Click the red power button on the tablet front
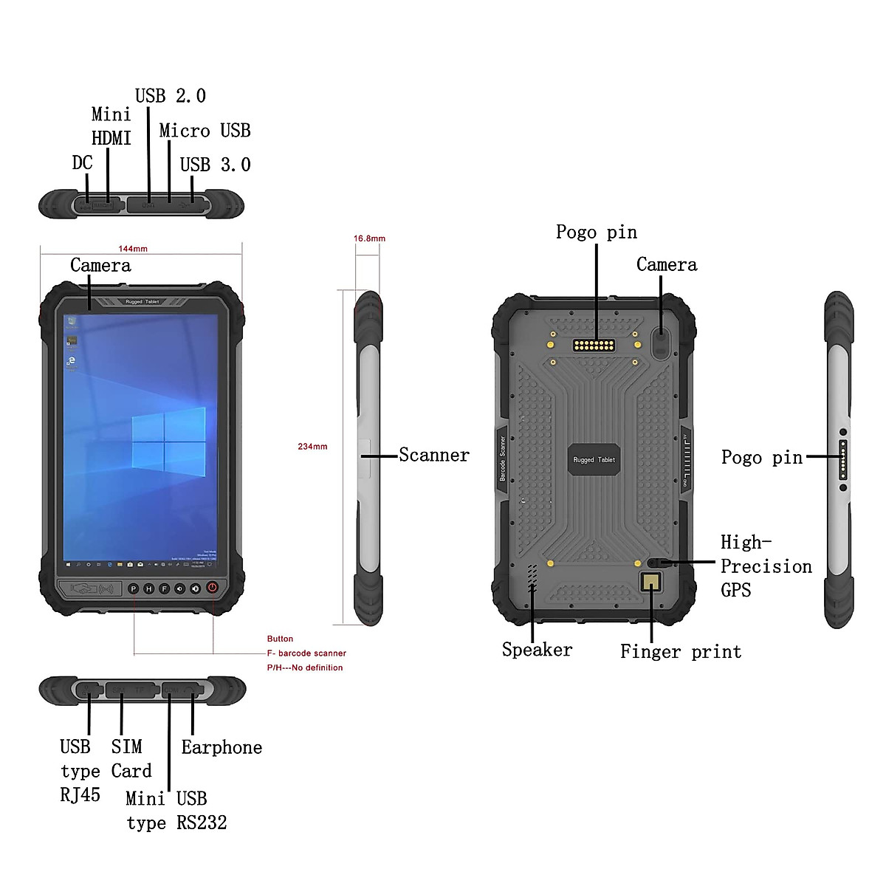point(212,588)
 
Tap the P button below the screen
point(134,588)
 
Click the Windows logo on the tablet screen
point(168,442)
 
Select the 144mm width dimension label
point(133,249)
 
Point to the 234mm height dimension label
point(312,447)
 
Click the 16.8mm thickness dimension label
point(369,238)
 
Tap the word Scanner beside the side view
point(434,455)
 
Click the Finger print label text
point(680,651)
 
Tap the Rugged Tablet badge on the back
point(594,459)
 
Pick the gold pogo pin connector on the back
point(594,345)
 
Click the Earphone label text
point(221,747)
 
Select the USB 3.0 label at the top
point(215,165)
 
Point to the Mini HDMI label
point(111,126)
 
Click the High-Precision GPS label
point(765,566)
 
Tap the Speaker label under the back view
point(537,650)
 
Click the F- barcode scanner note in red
point(307,653)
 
